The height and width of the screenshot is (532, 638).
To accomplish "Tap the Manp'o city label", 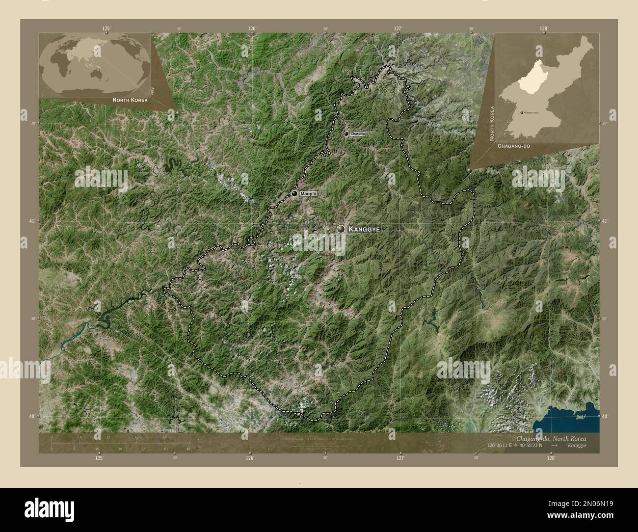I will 309,194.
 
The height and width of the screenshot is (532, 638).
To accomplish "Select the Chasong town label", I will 358,133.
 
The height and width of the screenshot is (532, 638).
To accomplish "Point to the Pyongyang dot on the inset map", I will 521,113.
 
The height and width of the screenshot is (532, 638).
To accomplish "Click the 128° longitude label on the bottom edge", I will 551,457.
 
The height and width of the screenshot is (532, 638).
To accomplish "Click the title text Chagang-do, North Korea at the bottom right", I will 551,438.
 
